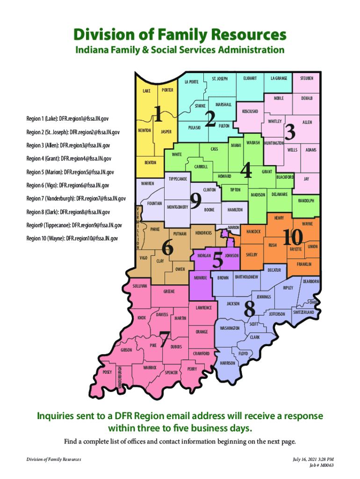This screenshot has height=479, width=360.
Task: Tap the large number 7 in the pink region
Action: [165, 339]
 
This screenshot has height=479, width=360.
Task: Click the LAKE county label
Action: [146, 91]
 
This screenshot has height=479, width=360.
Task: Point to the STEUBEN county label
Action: [307, 78]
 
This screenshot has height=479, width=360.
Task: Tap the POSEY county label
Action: [107, 372]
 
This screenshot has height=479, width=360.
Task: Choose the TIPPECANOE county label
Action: [178, 179]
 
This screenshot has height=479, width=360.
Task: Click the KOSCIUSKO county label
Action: [252, 112]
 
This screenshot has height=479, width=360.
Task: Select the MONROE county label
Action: [201, 278]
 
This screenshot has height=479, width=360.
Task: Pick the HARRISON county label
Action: [227, 363]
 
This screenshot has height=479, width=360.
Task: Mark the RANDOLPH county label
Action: [303, 201]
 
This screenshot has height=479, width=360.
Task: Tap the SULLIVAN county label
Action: [139, 285]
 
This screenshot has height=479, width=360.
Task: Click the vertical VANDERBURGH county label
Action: [120, 377]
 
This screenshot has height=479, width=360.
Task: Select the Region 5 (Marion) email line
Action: [70, 172]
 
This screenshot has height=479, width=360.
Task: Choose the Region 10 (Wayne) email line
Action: [72, 238]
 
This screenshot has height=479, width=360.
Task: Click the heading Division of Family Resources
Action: [180, 35]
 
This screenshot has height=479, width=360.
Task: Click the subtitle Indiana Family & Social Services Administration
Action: [180, 50]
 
